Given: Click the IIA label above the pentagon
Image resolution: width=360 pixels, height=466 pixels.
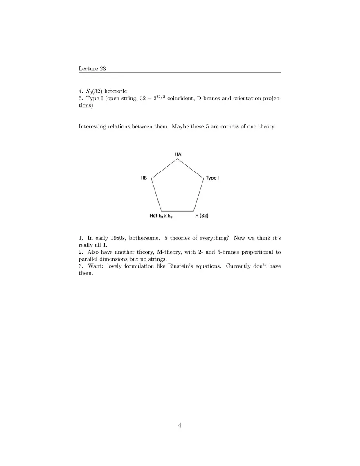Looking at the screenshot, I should [x=178, y=154].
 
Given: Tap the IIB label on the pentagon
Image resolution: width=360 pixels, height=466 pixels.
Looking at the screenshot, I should [x=144, y=178].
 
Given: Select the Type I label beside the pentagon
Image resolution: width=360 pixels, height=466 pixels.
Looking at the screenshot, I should [x=212, y=178].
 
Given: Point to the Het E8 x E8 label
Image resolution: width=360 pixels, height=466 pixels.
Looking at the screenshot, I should [x=161, y=216].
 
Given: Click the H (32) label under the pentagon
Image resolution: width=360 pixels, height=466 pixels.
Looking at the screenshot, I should [x=202, y=216].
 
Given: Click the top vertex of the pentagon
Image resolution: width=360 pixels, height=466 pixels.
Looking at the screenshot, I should [x=178, y=159].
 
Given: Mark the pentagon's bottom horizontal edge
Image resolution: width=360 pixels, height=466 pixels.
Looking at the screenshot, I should [x=177, y=210].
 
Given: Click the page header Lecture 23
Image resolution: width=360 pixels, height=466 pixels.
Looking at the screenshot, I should [x=92, y=69].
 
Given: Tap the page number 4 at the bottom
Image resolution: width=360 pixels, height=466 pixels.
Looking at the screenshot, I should [x=180, y=425].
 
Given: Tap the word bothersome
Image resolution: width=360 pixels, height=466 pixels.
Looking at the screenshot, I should [x=144, y=238].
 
